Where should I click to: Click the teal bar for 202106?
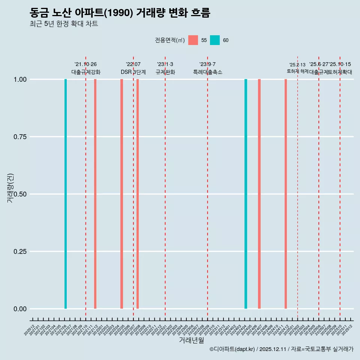66,194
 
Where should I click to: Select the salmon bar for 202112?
95,194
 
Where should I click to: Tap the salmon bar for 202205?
121,194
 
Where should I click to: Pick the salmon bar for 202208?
138,194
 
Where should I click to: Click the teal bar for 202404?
246,194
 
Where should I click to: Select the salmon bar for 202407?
259,194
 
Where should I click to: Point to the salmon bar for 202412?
286,194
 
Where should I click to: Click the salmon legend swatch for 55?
193,40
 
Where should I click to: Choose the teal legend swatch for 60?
215,40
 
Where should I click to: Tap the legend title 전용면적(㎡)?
169,40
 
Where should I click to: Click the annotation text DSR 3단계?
133,72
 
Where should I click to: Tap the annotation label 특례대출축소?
208,72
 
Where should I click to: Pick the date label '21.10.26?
85,64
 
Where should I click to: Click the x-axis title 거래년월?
192,340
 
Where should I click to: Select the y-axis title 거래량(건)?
10,188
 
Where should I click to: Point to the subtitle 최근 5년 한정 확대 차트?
64,24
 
